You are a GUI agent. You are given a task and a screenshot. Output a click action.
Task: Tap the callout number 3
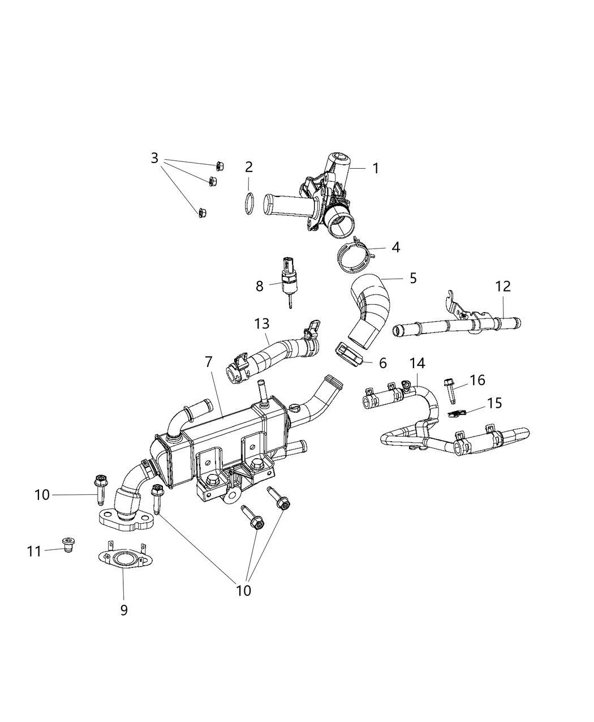[154, 158]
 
